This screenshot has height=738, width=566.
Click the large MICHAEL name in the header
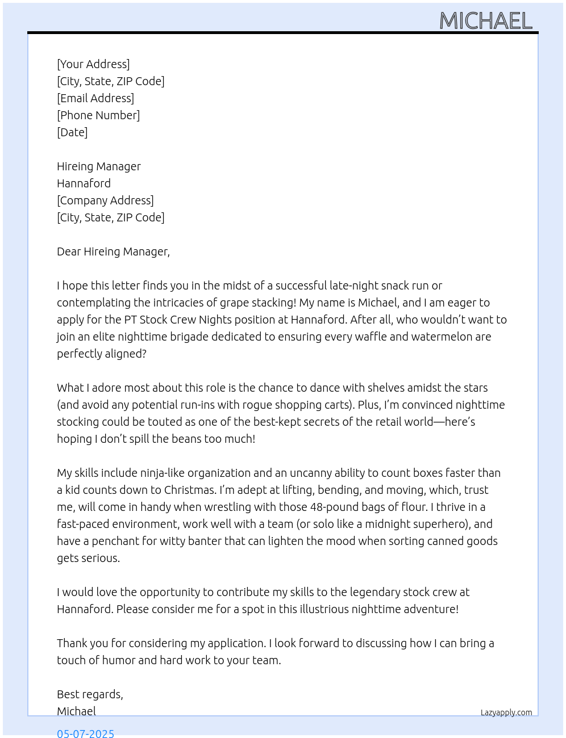pos(486,21)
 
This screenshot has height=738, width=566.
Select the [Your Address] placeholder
pos(93,64)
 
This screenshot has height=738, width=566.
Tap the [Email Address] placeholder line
pos(95,98)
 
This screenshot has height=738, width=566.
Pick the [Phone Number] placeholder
pos(98,115)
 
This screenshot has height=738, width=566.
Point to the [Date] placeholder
pos(72,132)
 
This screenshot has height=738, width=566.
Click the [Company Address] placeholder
pos(105,200)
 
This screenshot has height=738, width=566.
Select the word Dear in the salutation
pos(69,251)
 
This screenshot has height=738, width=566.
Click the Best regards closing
pos(90,694)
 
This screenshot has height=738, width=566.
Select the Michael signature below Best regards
pos(76,711)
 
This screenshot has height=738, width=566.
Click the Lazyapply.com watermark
pos(506,712)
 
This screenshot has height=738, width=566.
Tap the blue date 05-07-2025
pos(85,733)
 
